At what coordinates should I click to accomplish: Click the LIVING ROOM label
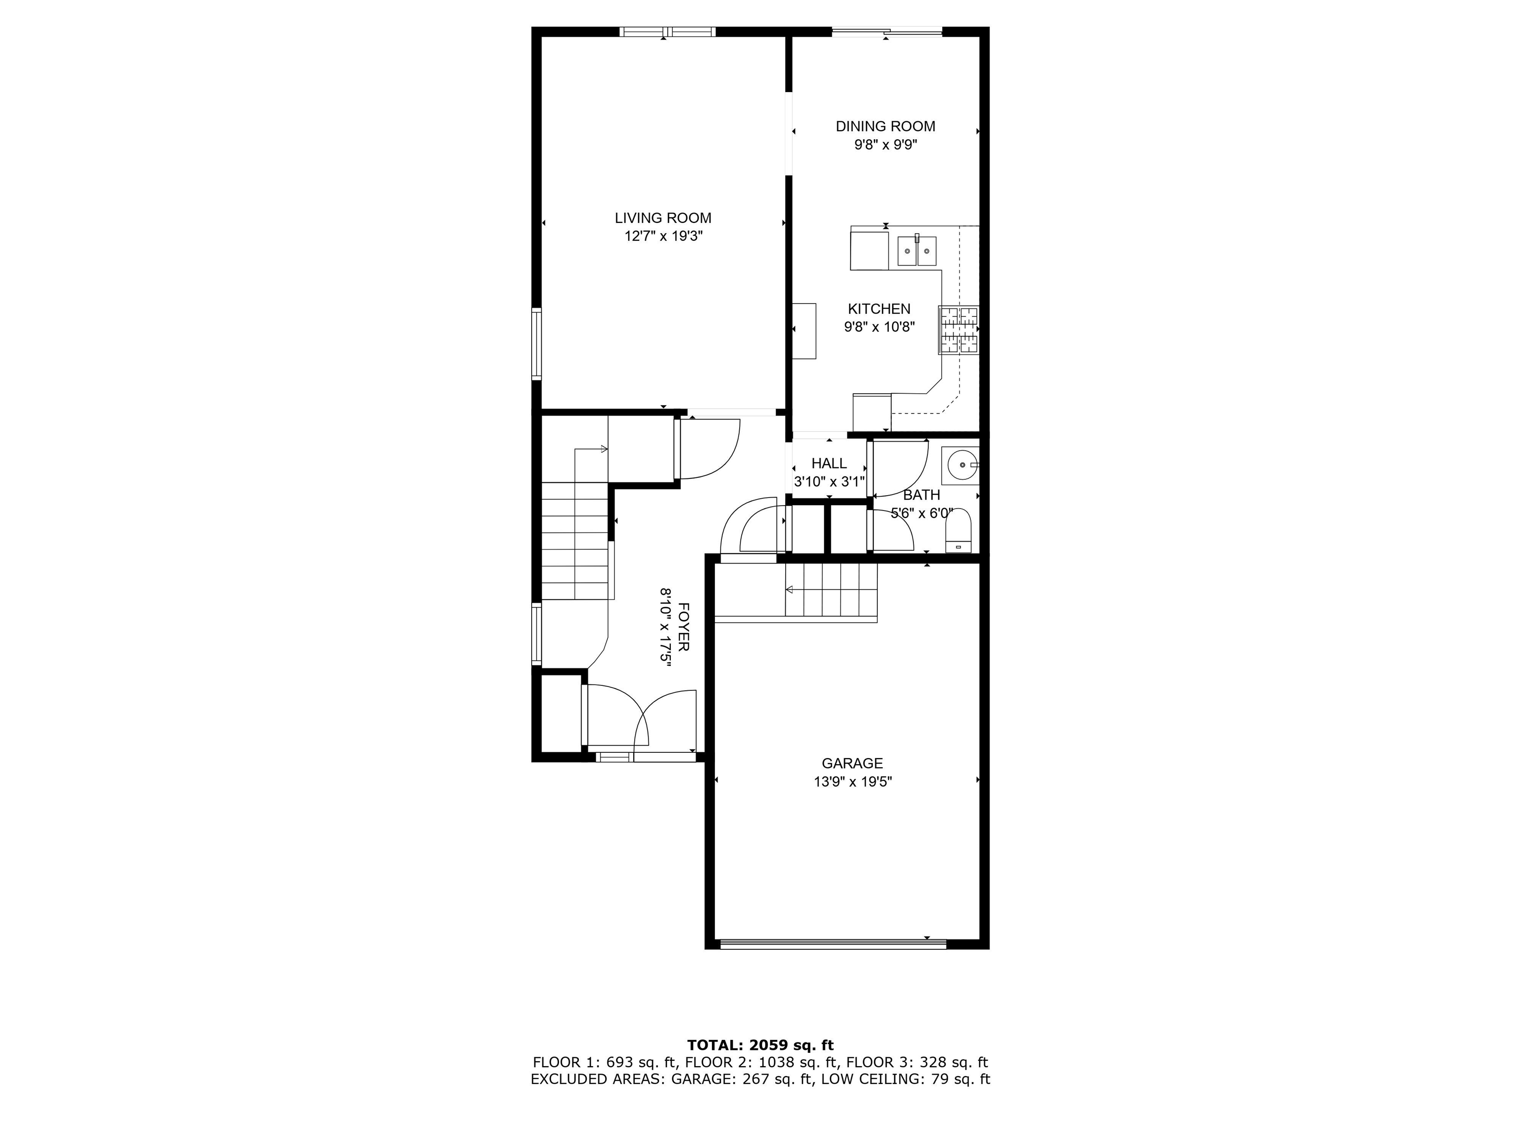point(663,218)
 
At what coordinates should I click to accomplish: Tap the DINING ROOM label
point(885,127)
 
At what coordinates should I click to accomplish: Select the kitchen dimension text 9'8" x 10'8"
point(879,327)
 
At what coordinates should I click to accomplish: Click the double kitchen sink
point(916,251)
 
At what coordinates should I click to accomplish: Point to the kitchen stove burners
point(959,330)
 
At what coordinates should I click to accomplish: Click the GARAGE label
point(852,764)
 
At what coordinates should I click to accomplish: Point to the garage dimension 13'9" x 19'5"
point(852,782)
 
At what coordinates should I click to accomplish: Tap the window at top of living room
point(667,32)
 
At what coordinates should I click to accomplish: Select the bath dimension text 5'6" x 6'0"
point(921,514)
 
